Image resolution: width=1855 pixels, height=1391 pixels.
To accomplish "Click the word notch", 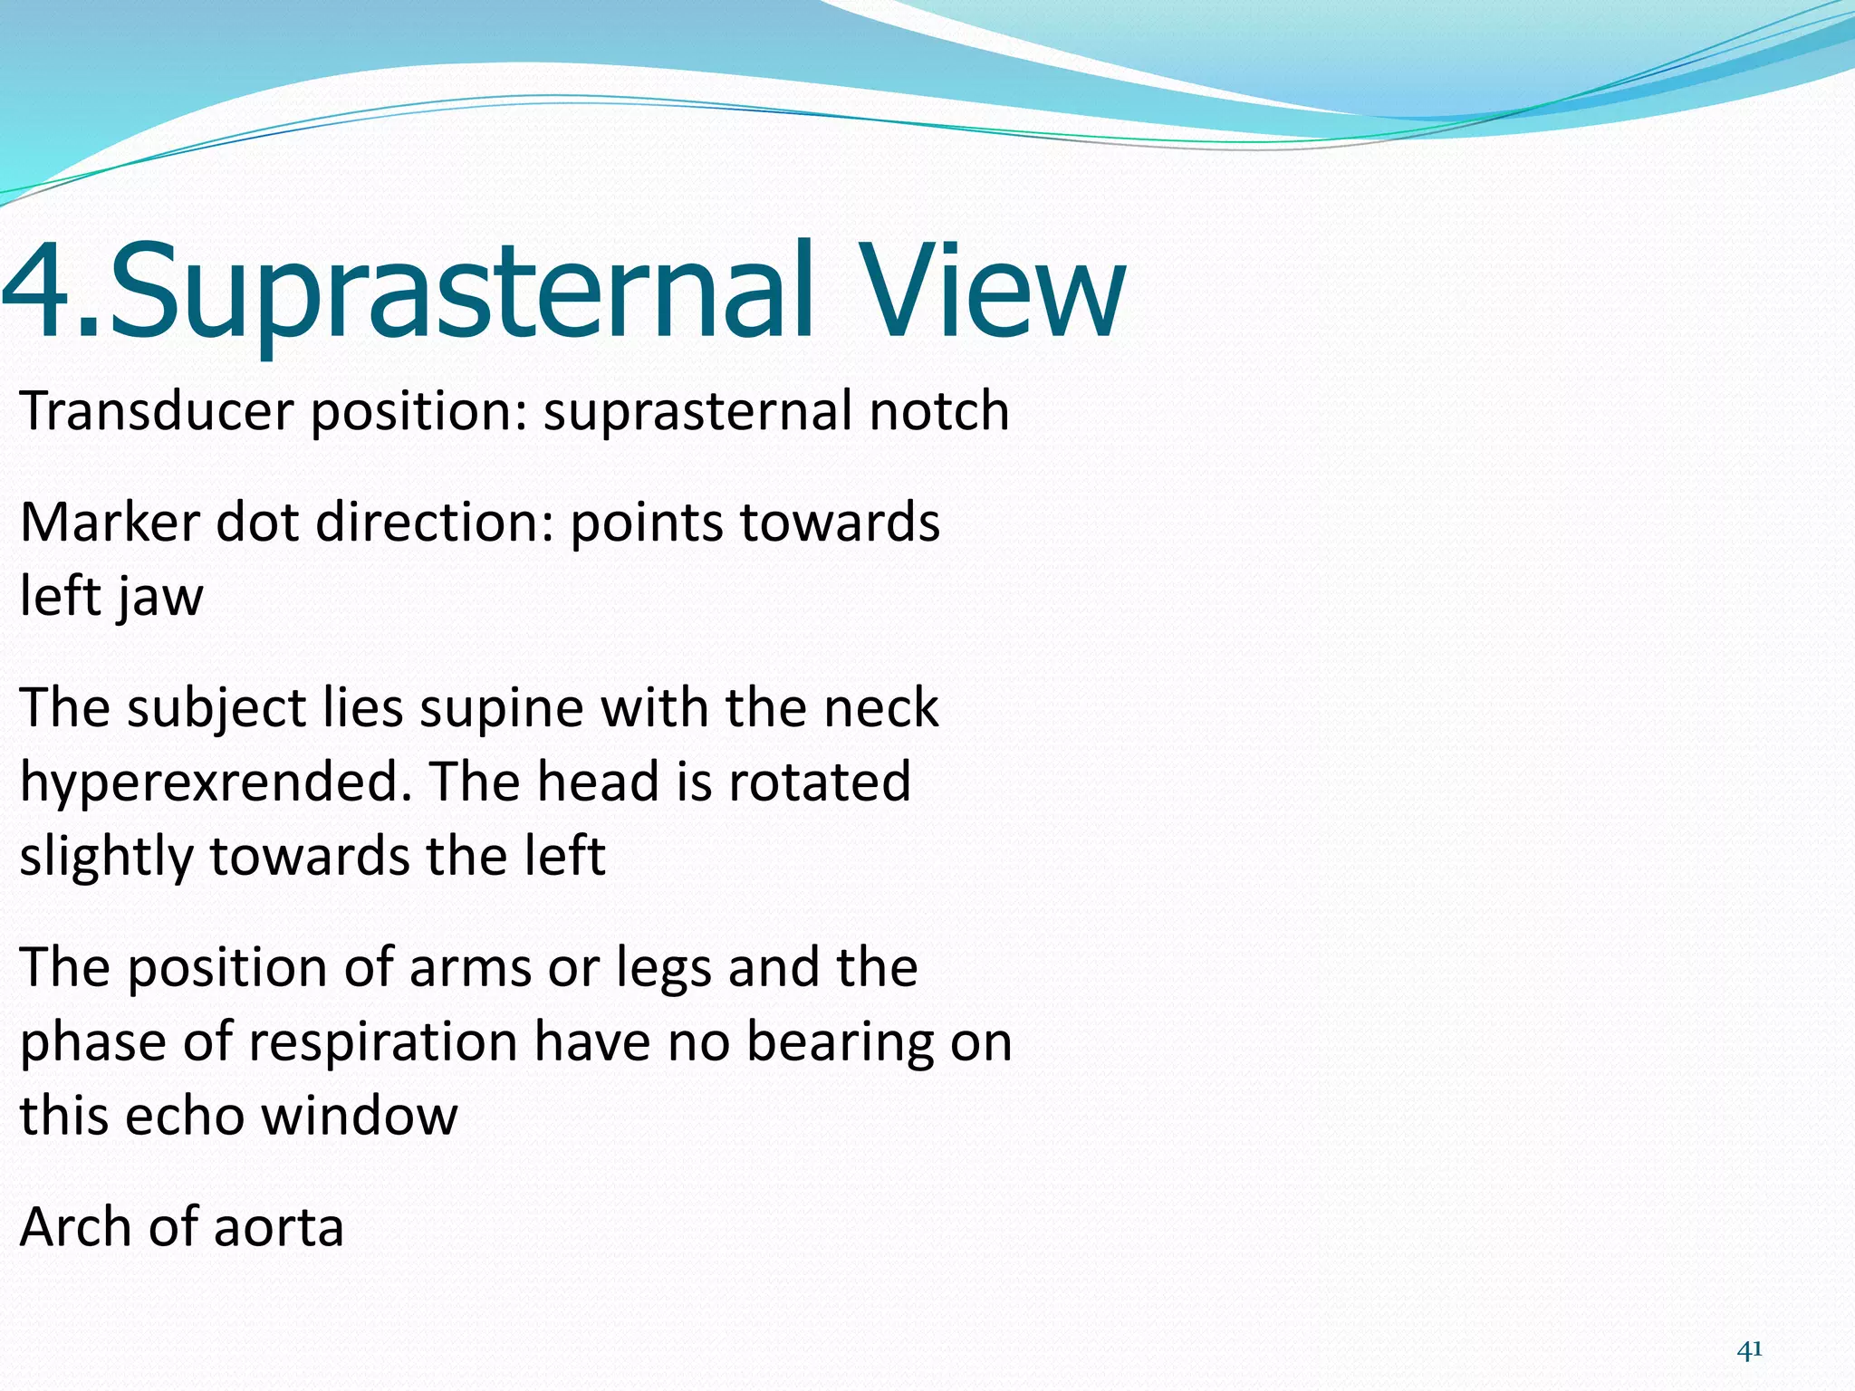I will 939,411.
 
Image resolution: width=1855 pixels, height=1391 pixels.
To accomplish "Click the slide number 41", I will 1749,1350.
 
